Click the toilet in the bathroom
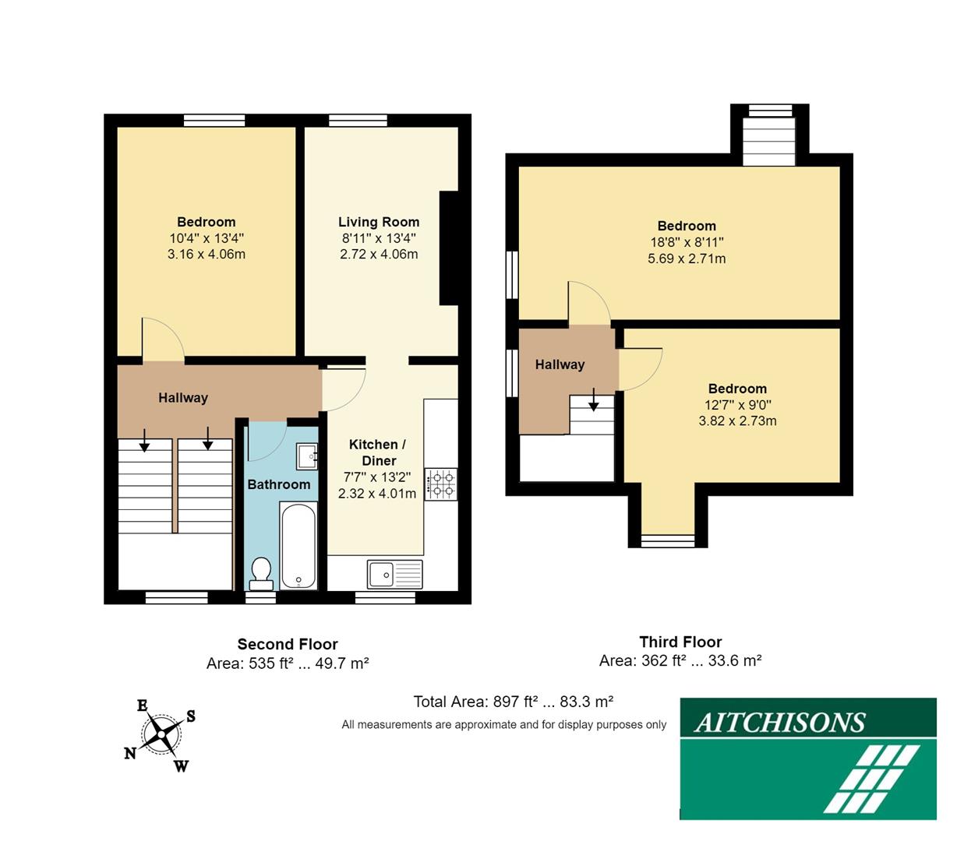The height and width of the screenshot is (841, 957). pyautogui.click(x=260, y=573)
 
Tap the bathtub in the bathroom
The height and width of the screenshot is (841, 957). pyautogui.click(x=298, y=545)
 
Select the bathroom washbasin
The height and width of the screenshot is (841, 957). pyautogui.click(x=307, y=455)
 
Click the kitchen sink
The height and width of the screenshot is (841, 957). pyautogui.click(x=394, y=575)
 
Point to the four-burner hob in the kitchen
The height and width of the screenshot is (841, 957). pyautogui.click(x=441, y=484)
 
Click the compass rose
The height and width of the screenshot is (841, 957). pyautogui.click(x=162, y=734)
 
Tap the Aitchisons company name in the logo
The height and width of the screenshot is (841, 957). pyautogui.click(x=779, y=723)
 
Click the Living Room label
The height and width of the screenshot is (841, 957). pyautogui.click(x=379, y=222)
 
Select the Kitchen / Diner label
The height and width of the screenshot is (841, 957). pyautogui.click(x=378, y=452)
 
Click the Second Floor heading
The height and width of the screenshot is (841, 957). pyautogui.click(x=288, y=644)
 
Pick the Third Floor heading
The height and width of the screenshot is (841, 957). pyautogui.click(x=680, y=642)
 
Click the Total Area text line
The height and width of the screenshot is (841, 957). pyautogui.click(x=513, y=702)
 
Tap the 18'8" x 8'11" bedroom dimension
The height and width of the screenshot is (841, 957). pyautogui.click(x=687, y=242)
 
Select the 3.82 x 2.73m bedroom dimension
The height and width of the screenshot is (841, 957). pyautogui.click(x=737, y=421)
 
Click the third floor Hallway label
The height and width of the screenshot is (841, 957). pyautogui.click(x=560, y=364)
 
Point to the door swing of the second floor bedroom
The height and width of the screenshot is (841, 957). pyautogui.click(x=162, y=340)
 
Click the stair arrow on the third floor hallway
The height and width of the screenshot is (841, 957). pyautogui.click(x=593, y=403)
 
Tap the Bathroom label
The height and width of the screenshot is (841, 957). pyautogui.click(x=279, y=484)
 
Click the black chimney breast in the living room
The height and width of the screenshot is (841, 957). pyautogui.click(x=449, y=248)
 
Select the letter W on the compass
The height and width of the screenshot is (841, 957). pyautogui.click(x=181, y=766)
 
